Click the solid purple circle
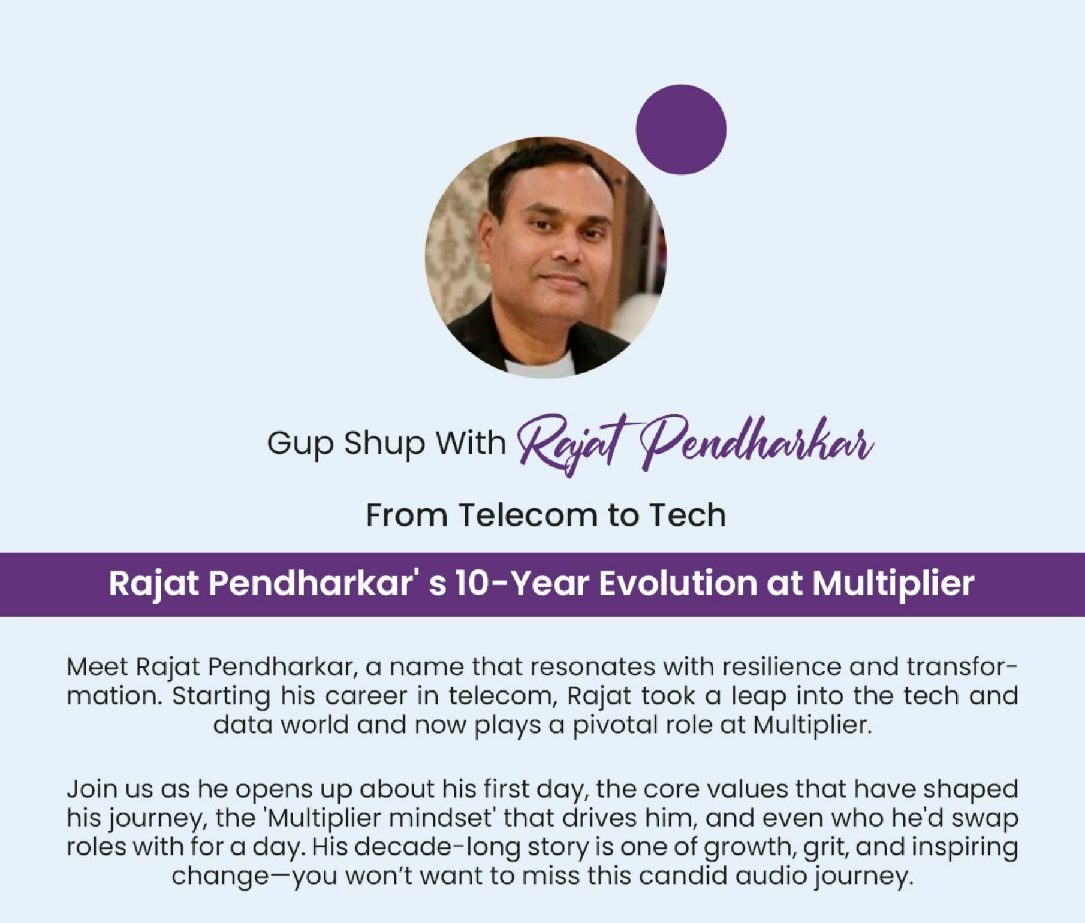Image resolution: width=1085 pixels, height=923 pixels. point(681,129)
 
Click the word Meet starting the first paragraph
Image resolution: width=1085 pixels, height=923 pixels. point(97,667)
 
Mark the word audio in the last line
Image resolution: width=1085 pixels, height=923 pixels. point(770,876)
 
